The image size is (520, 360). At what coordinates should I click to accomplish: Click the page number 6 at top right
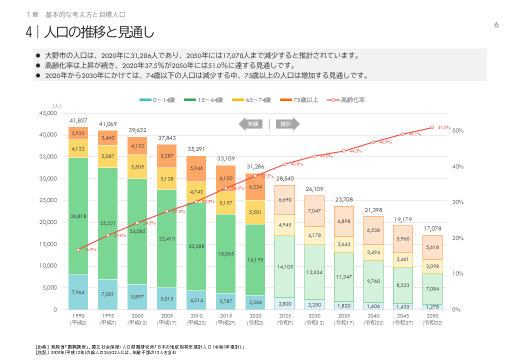496,25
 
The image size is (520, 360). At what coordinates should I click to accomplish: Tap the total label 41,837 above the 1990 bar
78,120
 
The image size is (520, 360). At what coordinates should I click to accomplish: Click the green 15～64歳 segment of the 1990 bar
78,216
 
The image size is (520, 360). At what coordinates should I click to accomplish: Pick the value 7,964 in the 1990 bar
78,292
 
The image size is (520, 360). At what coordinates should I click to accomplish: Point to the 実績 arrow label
252,124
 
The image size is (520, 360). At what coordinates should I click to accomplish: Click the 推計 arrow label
286,124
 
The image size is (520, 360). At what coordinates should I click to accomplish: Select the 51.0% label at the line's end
444,127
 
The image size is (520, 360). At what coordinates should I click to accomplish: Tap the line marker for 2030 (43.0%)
314,156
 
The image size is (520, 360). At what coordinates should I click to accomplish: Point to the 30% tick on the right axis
457,202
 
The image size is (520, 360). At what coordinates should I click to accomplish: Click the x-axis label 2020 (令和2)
255,319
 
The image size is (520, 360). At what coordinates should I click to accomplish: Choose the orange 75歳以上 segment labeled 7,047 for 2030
314,210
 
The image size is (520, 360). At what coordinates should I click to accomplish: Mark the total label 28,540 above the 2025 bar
285,178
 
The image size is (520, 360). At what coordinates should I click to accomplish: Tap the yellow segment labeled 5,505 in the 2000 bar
137,167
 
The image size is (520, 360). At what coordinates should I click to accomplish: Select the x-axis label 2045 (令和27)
403,319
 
